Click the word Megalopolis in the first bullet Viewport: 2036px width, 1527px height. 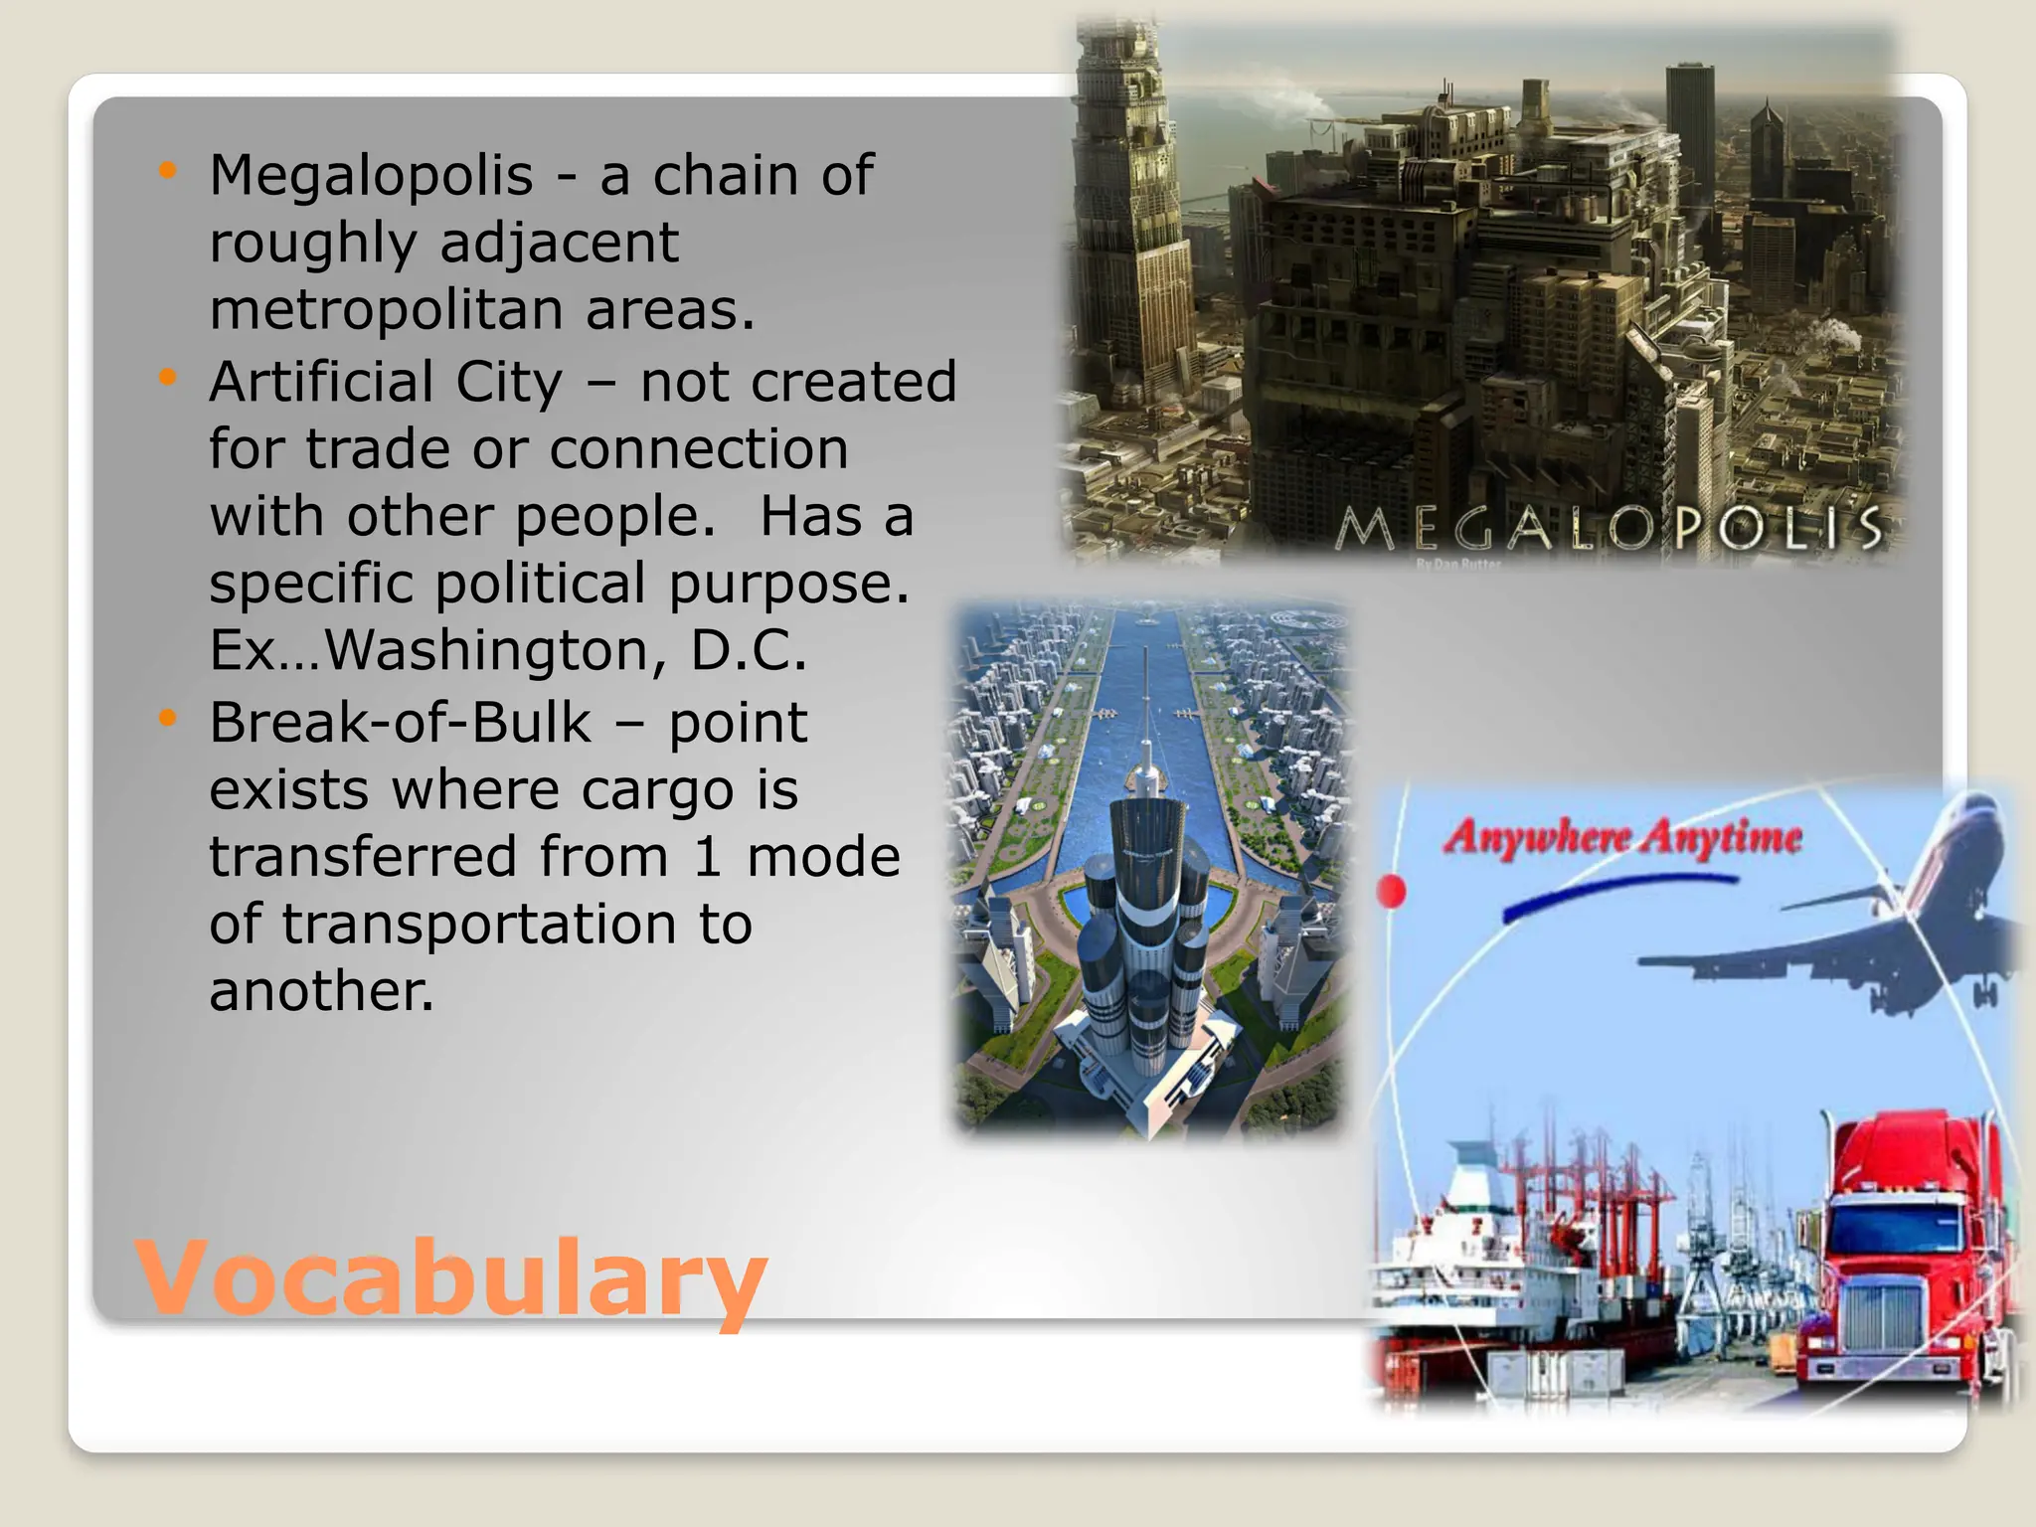point(371,176)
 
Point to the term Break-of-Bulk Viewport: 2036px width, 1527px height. point(400,723)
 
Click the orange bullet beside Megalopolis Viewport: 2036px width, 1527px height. point(167,171)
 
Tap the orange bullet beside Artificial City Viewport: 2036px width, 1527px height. point(167,378)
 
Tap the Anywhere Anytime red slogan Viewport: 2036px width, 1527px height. point(1621,837)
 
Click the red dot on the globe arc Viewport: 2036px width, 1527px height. point(1392,891)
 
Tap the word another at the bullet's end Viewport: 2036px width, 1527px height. point(321,992)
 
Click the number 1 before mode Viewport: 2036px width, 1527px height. point(707,858)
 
